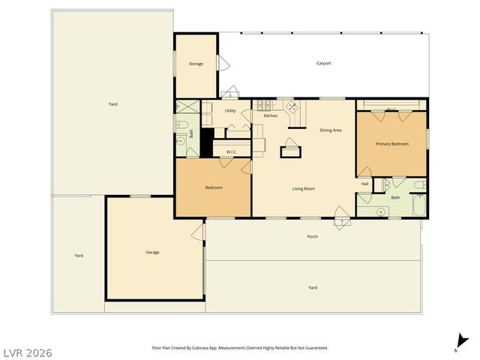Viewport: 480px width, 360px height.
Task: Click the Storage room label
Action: [x=196, y=64]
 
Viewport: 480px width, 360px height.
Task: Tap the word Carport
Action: [x=323, y=64]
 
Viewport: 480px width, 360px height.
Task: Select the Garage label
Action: [x=152, y=252]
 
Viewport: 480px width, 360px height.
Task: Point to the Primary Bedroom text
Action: [x=392, y=143]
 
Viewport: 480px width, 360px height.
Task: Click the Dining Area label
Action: [x=331, y=130]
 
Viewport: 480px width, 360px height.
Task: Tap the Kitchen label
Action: [x=271, y=115]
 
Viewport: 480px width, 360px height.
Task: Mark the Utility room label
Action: [x=230, y=111]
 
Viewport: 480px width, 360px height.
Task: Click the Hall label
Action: [x=365, y=184]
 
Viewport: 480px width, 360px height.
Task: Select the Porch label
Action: [x=313, y=237]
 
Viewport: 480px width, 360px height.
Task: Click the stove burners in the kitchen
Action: [x=292, y=109]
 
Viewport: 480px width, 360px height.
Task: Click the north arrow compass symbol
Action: [x=457, y=344]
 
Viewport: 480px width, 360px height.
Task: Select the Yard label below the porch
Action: [x=313, y=287]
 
